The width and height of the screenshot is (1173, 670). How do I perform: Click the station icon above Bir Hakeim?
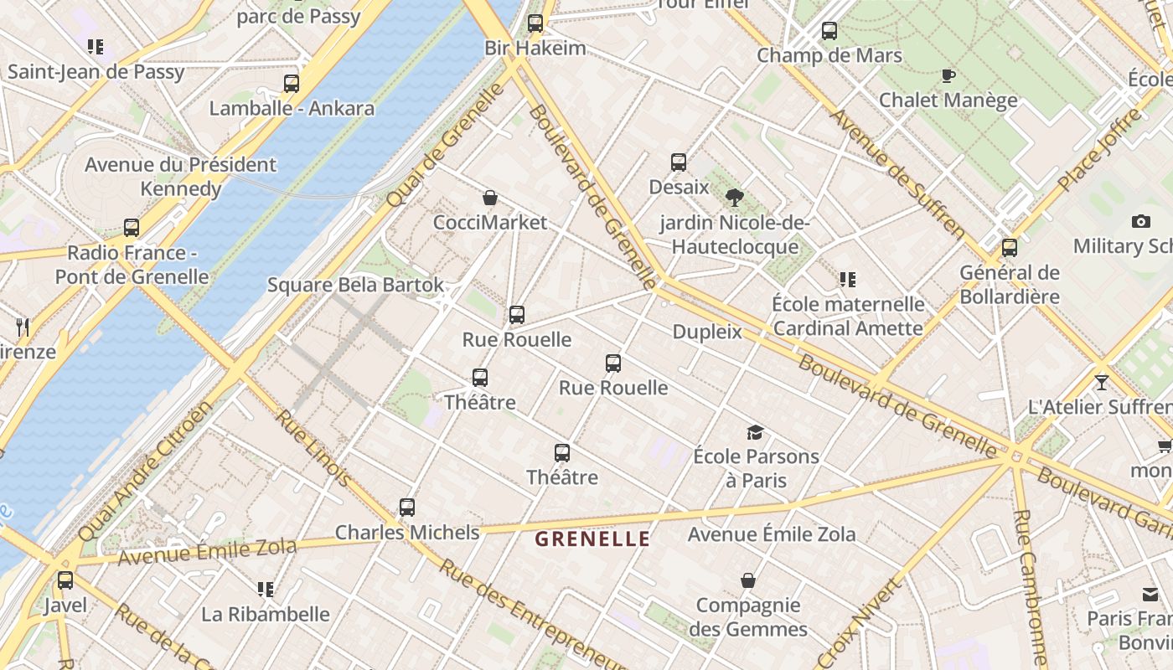[x=535, y=23]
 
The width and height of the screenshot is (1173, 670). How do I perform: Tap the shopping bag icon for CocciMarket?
[x=490, y=198]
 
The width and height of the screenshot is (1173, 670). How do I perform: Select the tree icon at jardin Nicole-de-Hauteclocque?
[x=735, y=198]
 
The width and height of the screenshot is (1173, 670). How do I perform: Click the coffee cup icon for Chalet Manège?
[x=948, y=76]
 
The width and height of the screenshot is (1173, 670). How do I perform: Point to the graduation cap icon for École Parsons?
[x=755, y=432]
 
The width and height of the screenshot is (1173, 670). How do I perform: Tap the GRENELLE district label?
[x=592, y=539]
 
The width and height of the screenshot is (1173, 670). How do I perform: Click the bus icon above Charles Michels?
[x=407, y=507]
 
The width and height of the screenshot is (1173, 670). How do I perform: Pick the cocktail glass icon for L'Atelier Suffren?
[x=1101, y=383]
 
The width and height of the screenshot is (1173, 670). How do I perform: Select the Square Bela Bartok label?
[x=355, y=285]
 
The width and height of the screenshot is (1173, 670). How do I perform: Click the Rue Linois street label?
[x=313, y=448]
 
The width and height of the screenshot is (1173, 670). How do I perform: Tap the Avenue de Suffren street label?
[x=897, y=172]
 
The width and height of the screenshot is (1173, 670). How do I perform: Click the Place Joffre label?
[x=1098, y=149]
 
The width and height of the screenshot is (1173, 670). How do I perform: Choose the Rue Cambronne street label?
[x=1030, y=586]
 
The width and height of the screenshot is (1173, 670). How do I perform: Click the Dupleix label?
[x=707, y=332]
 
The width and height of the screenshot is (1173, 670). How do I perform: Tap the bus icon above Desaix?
[x=679, y=162]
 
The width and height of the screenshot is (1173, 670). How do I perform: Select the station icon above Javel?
[x=65, y=580]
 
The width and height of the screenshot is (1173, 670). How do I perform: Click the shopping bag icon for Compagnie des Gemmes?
[x=748, y=580]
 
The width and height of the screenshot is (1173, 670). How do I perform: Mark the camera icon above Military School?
[x=1140, y=221]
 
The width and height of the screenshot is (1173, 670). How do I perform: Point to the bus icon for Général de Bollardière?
[x=1010, y=248]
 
